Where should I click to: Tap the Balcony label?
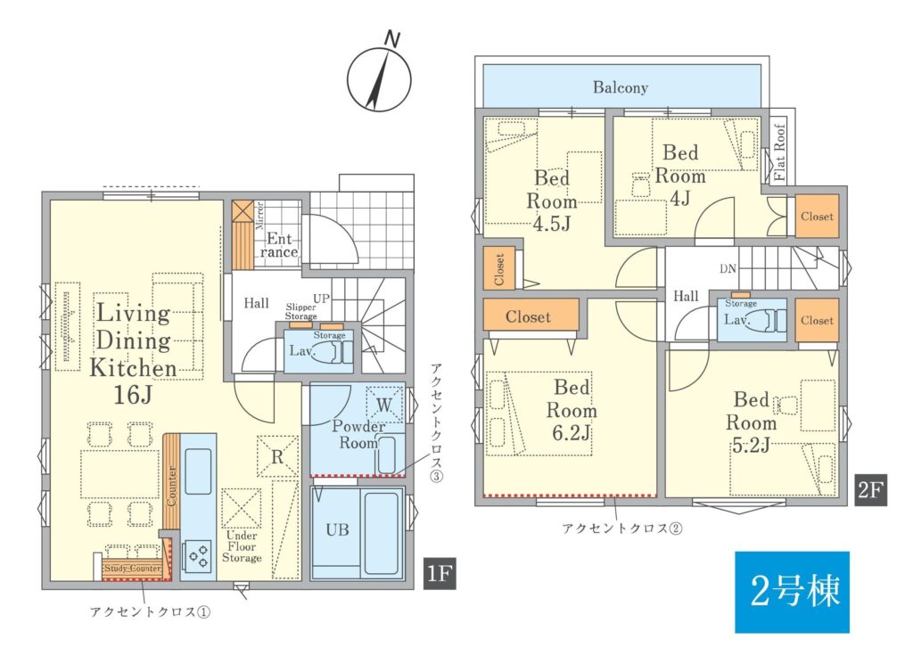click(621, 87)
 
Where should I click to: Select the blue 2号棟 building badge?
click(792, 592)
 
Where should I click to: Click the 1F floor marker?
click(440, 574)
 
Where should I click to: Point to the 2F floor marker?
click(870, 489)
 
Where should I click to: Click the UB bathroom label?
click(338, 529)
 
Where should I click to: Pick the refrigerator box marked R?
click(277, 456)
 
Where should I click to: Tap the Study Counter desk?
click(132, 569)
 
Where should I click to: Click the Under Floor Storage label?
click(242, 546)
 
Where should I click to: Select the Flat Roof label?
click(779, 152)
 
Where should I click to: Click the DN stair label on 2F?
click(728, 269)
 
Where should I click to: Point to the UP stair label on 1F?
click(321, 299)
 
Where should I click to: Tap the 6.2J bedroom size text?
click(572, 434)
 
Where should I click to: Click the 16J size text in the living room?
click(134, 396)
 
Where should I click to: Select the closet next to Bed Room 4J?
click(817, 217)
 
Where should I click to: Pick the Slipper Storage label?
click(300, 311)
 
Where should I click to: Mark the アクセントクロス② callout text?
click(621, 529)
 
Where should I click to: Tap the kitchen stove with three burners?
click(198, 553)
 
